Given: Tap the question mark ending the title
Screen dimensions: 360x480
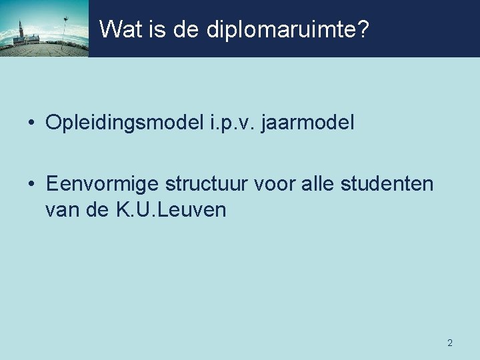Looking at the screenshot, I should [362, 29].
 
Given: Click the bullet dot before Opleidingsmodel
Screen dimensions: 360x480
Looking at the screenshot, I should [31, 123].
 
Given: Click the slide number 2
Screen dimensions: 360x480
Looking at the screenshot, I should [449, 343].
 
